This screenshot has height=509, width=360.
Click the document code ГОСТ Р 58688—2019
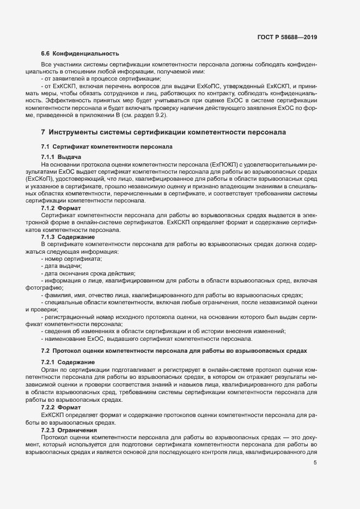point(287,38)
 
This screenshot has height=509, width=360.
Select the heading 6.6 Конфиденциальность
point(80,53)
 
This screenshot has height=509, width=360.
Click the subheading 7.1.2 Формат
point(61,208)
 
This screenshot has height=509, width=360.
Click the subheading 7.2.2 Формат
point(61,407)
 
